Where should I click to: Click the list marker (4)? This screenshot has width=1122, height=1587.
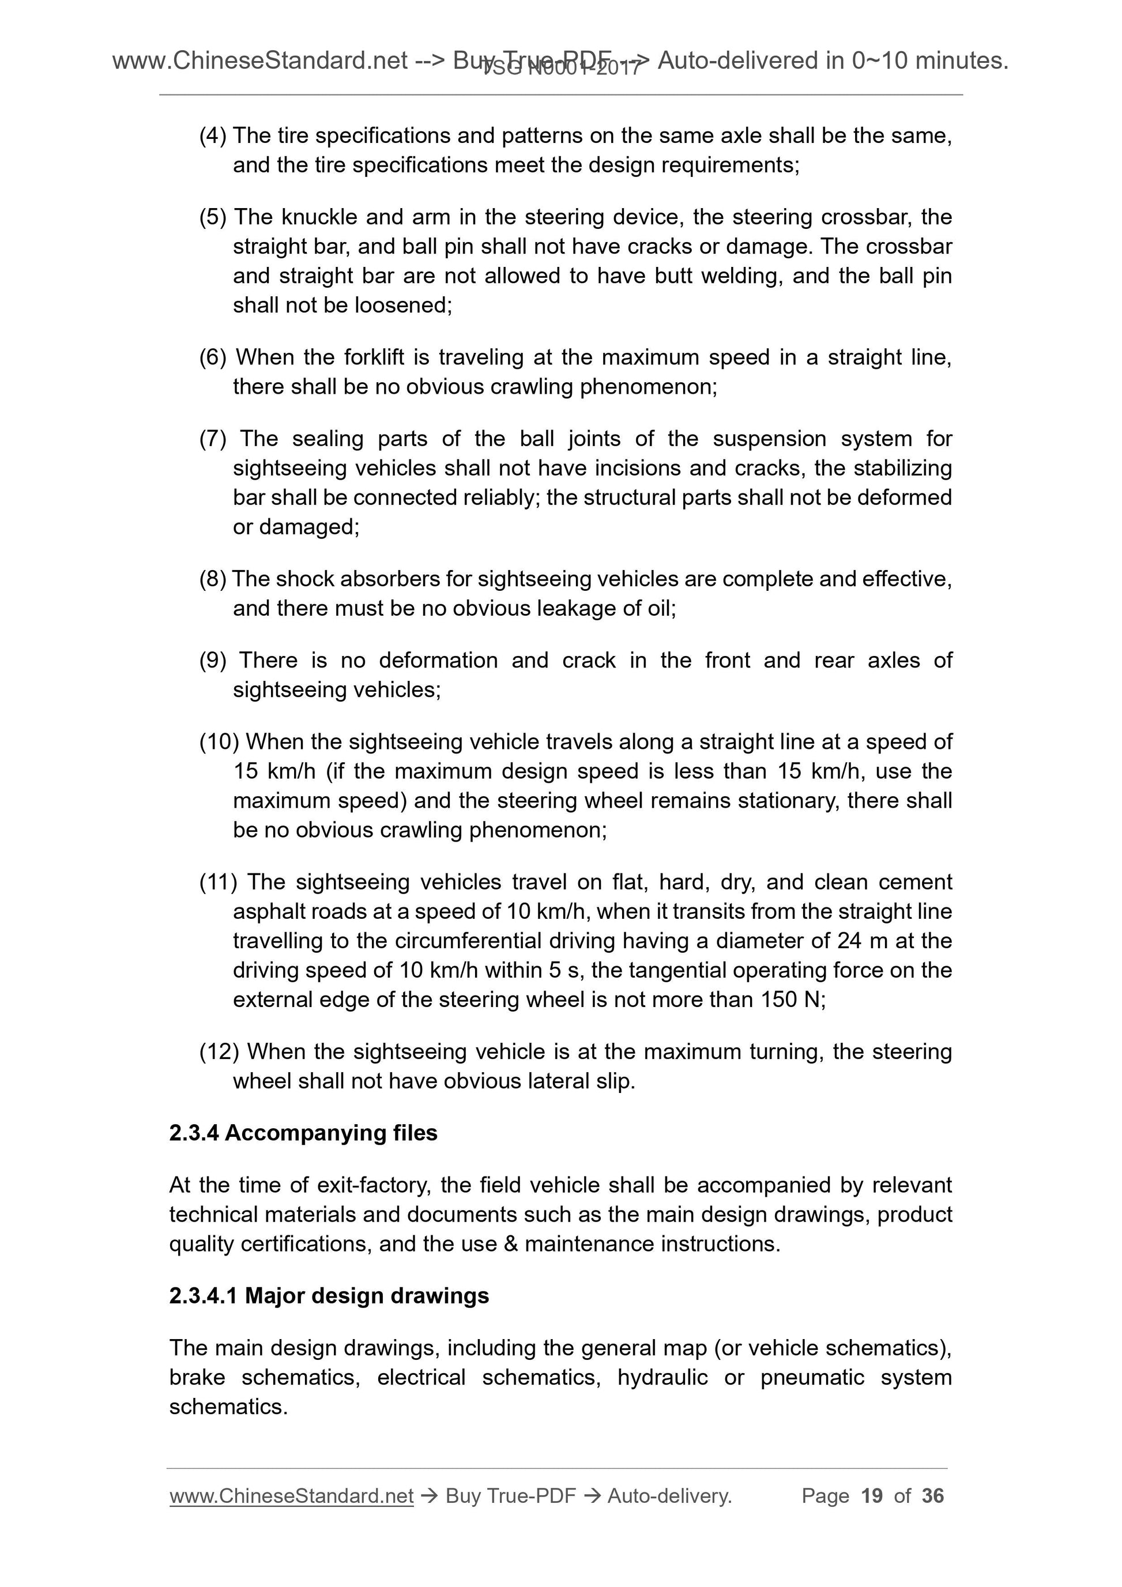pyautogui.click(x=212, y=135)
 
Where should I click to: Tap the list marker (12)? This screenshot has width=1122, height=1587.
pyautogui.click(x=219, y=1052)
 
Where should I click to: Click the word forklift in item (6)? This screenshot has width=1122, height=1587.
pyautogui.click(x=375, y=357)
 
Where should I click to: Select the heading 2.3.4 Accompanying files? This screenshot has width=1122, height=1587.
pyautogui.click(x=303, y=1133)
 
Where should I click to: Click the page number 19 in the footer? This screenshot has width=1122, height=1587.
pyautogui.click(x=872, y=1496)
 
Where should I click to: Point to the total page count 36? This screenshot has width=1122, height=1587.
pyautogui.click(x=932, y=1496)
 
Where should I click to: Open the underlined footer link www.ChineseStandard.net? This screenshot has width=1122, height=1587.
pyautogui.click(x=291, y=1496)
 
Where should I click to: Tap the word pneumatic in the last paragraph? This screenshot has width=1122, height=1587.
pyautogui.click(x=812, y=1378)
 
